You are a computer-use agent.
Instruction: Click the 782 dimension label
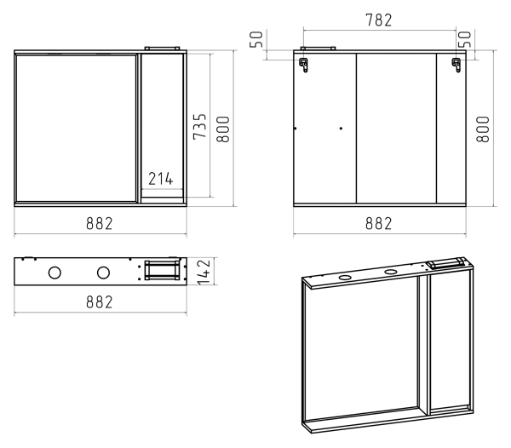[x=379, y=20]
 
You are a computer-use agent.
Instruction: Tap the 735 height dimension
[x=200, y=127]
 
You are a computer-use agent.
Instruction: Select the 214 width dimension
[x=161, y=179]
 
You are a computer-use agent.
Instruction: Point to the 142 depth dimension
[x=204, y=272]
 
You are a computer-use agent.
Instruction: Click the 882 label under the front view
[x=100, y=223]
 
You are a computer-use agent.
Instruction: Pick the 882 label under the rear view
[x=378, y=223]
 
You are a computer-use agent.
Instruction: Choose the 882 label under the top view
[x=100, y=302]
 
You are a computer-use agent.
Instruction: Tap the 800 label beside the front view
[x=223, y=129]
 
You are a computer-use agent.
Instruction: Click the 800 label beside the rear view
[x=483, y=129]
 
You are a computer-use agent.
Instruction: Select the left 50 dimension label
[x=256, y=39]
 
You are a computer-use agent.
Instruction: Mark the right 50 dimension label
[x=465, y=39]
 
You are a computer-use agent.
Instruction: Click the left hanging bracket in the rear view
[x=304, y=65]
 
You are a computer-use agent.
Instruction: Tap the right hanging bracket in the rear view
[x=456, y=65]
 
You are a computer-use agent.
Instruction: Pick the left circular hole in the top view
[x=55, y=273]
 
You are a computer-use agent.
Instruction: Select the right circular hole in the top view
[x=103, y=273]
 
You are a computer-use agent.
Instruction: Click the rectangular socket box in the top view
[x=162, y=270]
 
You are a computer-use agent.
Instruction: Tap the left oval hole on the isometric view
[x=344, y=278]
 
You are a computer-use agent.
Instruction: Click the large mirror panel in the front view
[x=77, y=129]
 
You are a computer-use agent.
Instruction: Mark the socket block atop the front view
[x=162, y=49]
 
